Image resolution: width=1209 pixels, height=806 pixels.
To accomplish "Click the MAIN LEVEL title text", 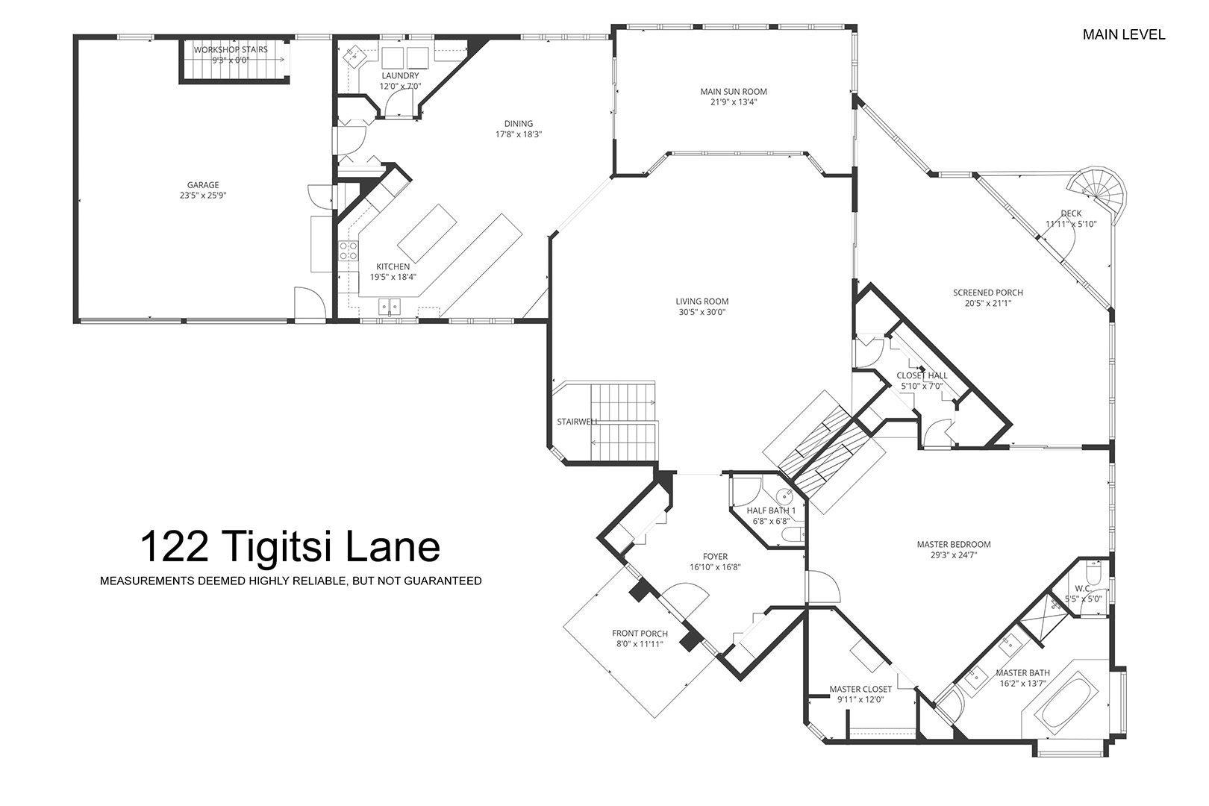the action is click(x=1124, y=34).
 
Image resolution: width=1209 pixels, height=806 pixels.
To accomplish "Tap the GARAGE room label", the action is click(x=203, y=185).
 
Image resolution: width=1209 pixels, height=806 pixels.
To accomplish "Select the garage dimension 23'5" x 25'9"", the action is click(x=203, y=196).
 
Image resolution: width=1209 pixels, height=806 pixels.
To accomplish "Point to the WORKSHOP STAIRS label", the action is click(x=231, y=50).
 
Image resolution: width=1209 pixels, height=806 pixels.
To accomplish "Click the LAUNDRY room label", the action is click(x=400, y=76).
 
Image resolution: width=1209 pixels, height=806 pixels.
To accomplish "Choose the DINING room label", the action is click(x=519, y=124).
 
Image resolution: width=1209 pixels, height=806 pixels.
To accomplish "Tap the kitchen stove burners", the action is click(x=348, y=252).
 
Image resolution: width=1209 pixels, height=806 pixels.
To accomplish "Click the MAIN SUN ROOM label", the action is click(x=734, y=92).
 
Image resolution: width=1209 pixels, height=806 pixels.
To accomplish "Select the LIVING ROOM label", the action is click(x=702, y=302).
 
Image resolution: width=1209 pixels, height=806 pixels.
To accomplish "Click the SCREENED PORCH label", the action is click(x=987, y=293).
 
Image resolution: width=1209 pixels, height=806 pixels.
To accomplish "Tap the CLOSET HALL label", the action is click(x=922, y=375).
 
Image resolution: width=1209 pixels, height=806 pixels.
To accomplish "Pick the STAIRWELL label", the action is click(x=577, y=422).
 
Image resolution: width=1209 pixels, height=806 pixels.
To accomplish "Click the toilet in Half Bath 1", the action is click(x=793, y=534).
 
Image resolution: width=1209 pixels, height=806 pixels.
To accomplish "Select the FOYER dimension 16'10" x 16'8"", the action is click(x=715, y=567).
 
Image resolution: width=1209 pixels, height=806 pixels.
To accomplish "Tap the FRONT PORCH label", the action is click(x=640, y=634).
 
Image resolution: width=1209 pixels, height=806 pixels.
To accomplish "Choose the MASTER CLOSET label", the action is click(x=860, y=690).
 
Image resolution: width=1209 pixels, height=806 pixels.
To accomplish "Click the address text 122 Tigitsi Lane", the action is click(x=290, y=546).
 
